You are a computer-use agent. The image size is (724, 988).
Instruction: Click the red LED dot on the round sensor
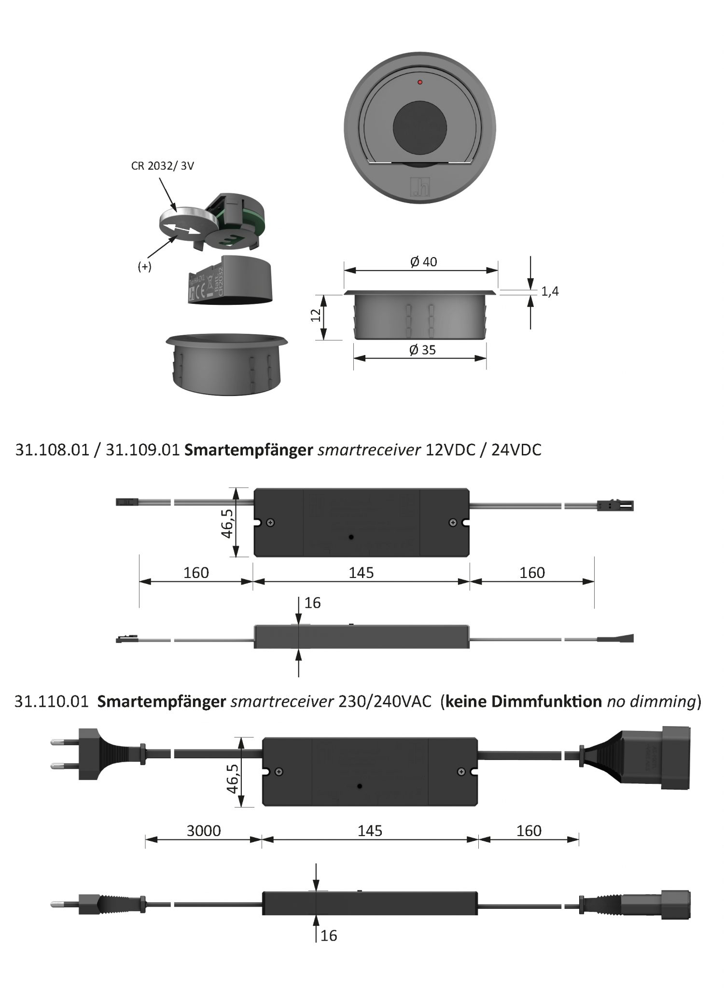[x=419, y=82]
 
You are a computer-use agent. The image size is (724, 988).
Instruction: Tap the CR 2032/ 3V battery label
[x=163, y=166]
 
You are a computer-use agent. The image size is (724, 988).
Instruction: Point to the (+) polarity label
[x=144, y=266]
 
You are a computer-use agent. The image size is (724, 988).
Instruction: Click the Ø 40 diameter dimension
[x=423, y=262]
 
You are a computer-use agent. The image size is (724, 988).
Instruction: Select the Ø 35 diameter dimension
[x=422, y=350]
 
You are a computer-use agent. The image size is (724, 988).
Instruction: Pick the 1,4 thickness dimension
[x=550, y=291]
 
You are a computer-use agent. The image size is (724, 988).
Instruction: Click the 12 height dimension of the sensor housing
[x=316, y=316]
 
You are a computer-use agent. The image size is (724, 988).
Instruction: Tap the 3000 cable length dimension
[x=204, y=831]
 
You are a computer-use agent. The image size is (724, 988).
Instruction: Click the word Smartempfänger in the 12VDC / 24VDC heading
[x=249, y=450]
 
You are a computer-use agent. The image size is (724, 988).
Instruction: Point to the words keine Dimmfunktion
[x=523, y=701]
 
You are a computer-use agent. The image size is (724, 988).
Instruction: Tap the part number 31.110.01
[x=52, y=701]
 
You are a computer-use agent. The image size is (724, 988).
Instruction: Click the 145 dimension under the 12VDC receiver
[x=361, y=573]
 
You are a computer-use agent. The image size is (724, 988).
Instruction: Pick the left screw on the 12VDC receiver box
[x=271, y=522]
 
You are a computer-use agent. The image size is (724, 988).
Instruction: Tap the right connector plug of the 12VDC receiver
[x=615, y=506]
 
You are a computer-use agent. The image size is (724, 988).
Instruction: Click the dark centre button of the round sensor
[x=419, y=127]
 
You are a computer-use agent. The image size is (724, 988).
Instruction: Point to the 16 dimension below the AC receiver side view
[x=329, y=935]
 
